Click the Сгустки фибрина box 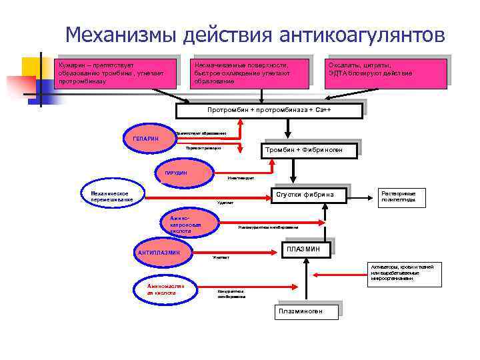click(x=307, y=194)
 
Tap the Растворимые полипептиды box click(x=401, y=197)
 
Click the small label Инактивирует click(x=239, y=178)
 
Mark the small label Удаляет click(x=225, y=203)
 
